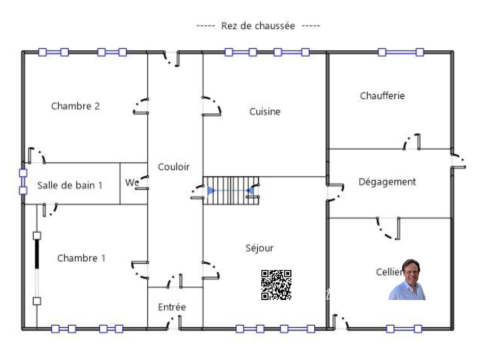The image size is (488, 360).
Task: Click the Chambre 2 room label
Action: pyautogui.click(x=75, y=106)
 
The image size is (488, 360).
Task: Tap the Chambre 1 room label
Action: pyautogui.click(x=81, y=258)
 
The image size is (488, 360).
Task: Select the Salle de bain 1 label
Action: pyautogui.click(x=70, y=185)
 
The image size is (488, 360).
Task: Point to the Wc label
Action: pyautogui.click(x=132, y=182)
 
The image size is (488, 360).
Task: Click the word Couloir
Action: pyautogui.click(x=174, y=167)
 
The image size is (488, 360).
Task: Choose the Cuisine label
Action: pyautogui.click(x=265, y=112)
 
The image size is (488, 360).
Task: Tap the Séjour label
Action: pyautogui.click(x=259, y=248)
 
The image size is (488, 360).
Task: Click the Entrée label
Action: pyautogui.click(x=172, y=307)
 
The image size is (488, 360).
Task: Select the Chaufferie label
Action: pyautogui.click(x=382, y=96)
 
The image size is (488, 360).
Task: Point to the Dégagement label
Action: pyautogui.click(x=387, y=182)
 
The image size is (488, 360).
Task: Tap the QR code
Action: pyautogui.click(x=276, y=285)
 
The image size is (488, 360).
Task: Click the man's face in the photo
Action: pyautogui.click(x=411, y=272)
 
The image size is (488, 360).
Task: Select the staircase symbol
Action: pyautogui.click(x=231, y=190)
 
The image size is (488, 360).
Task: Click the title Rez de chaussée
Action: pyautogui.click(x=258, y=26)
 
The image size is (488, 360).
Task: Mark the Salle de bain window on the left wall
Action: pyautogui.click(x=23, y=182)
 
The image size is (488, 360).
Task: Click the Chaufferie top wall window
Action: pyautogui.click(x=401, y=52)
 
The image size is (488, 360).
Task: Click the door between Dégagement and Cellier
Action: pyautogui.click(x=388, y=229)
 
